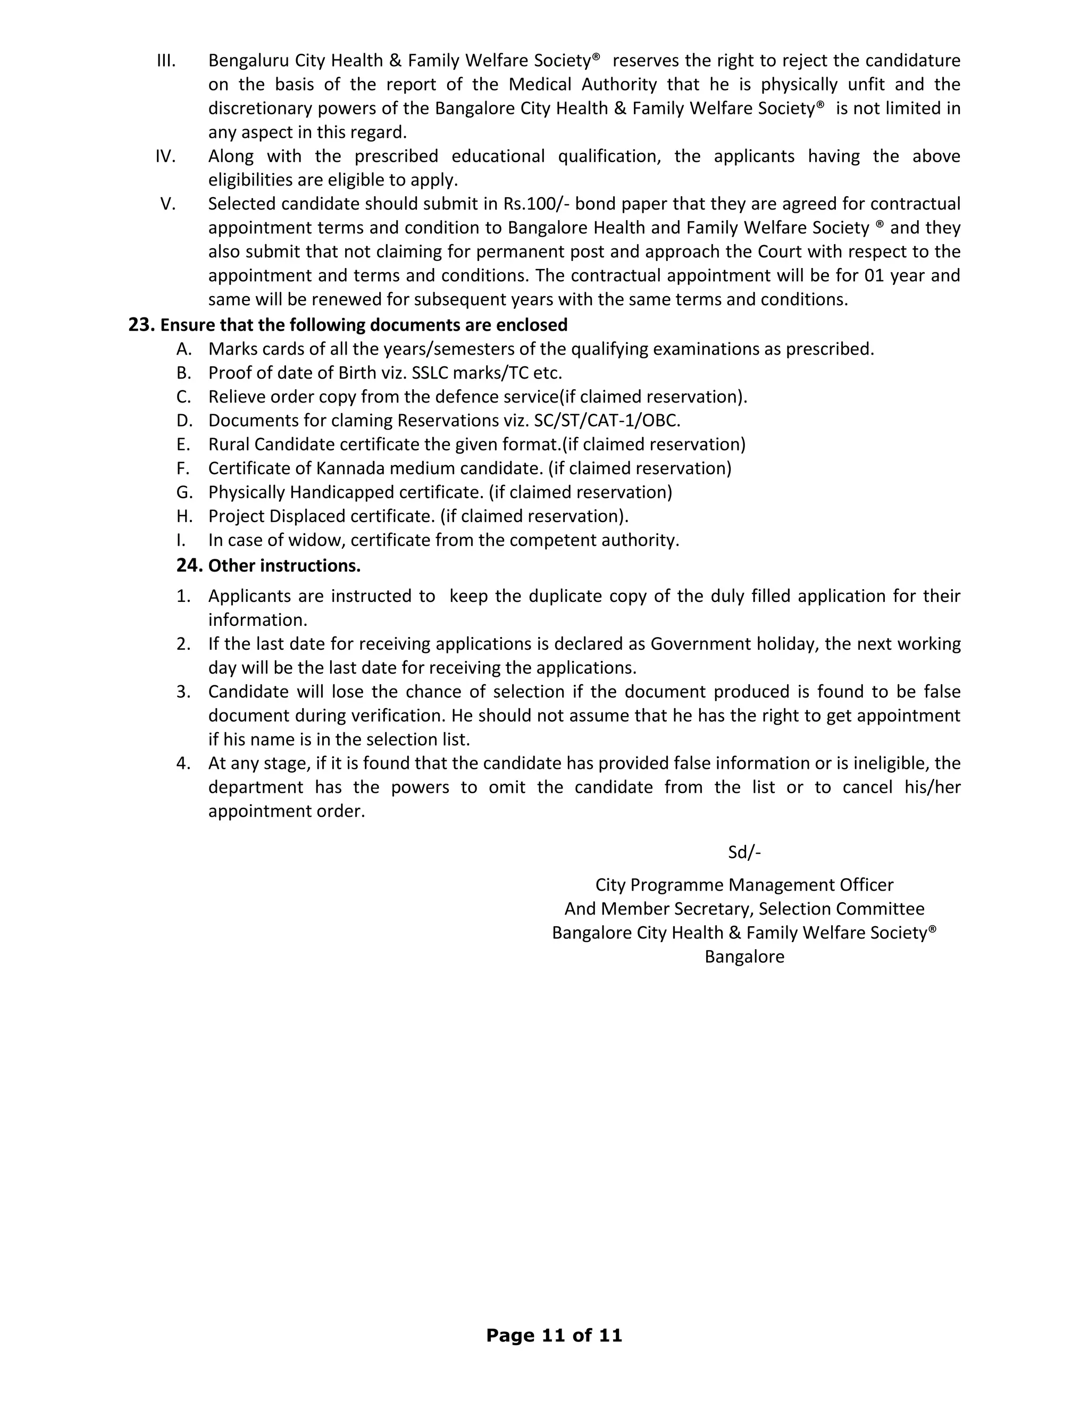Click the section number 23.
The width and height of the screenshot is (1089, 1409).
[140, 325]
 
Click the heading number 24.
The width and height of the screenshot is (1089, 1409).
[189, 566]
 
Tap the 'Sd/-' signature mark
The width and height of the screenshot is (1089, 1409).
[744, 852]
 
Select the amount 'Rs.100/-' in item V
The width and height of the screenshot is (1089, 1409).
[535, 204]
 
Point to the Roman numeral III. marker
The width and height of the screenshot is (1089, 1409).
[166, 61]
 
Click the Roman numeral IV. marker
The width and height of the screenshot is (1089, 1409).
[166, 156]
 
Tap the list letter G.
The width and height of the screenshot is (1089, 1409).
[185, 492]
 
